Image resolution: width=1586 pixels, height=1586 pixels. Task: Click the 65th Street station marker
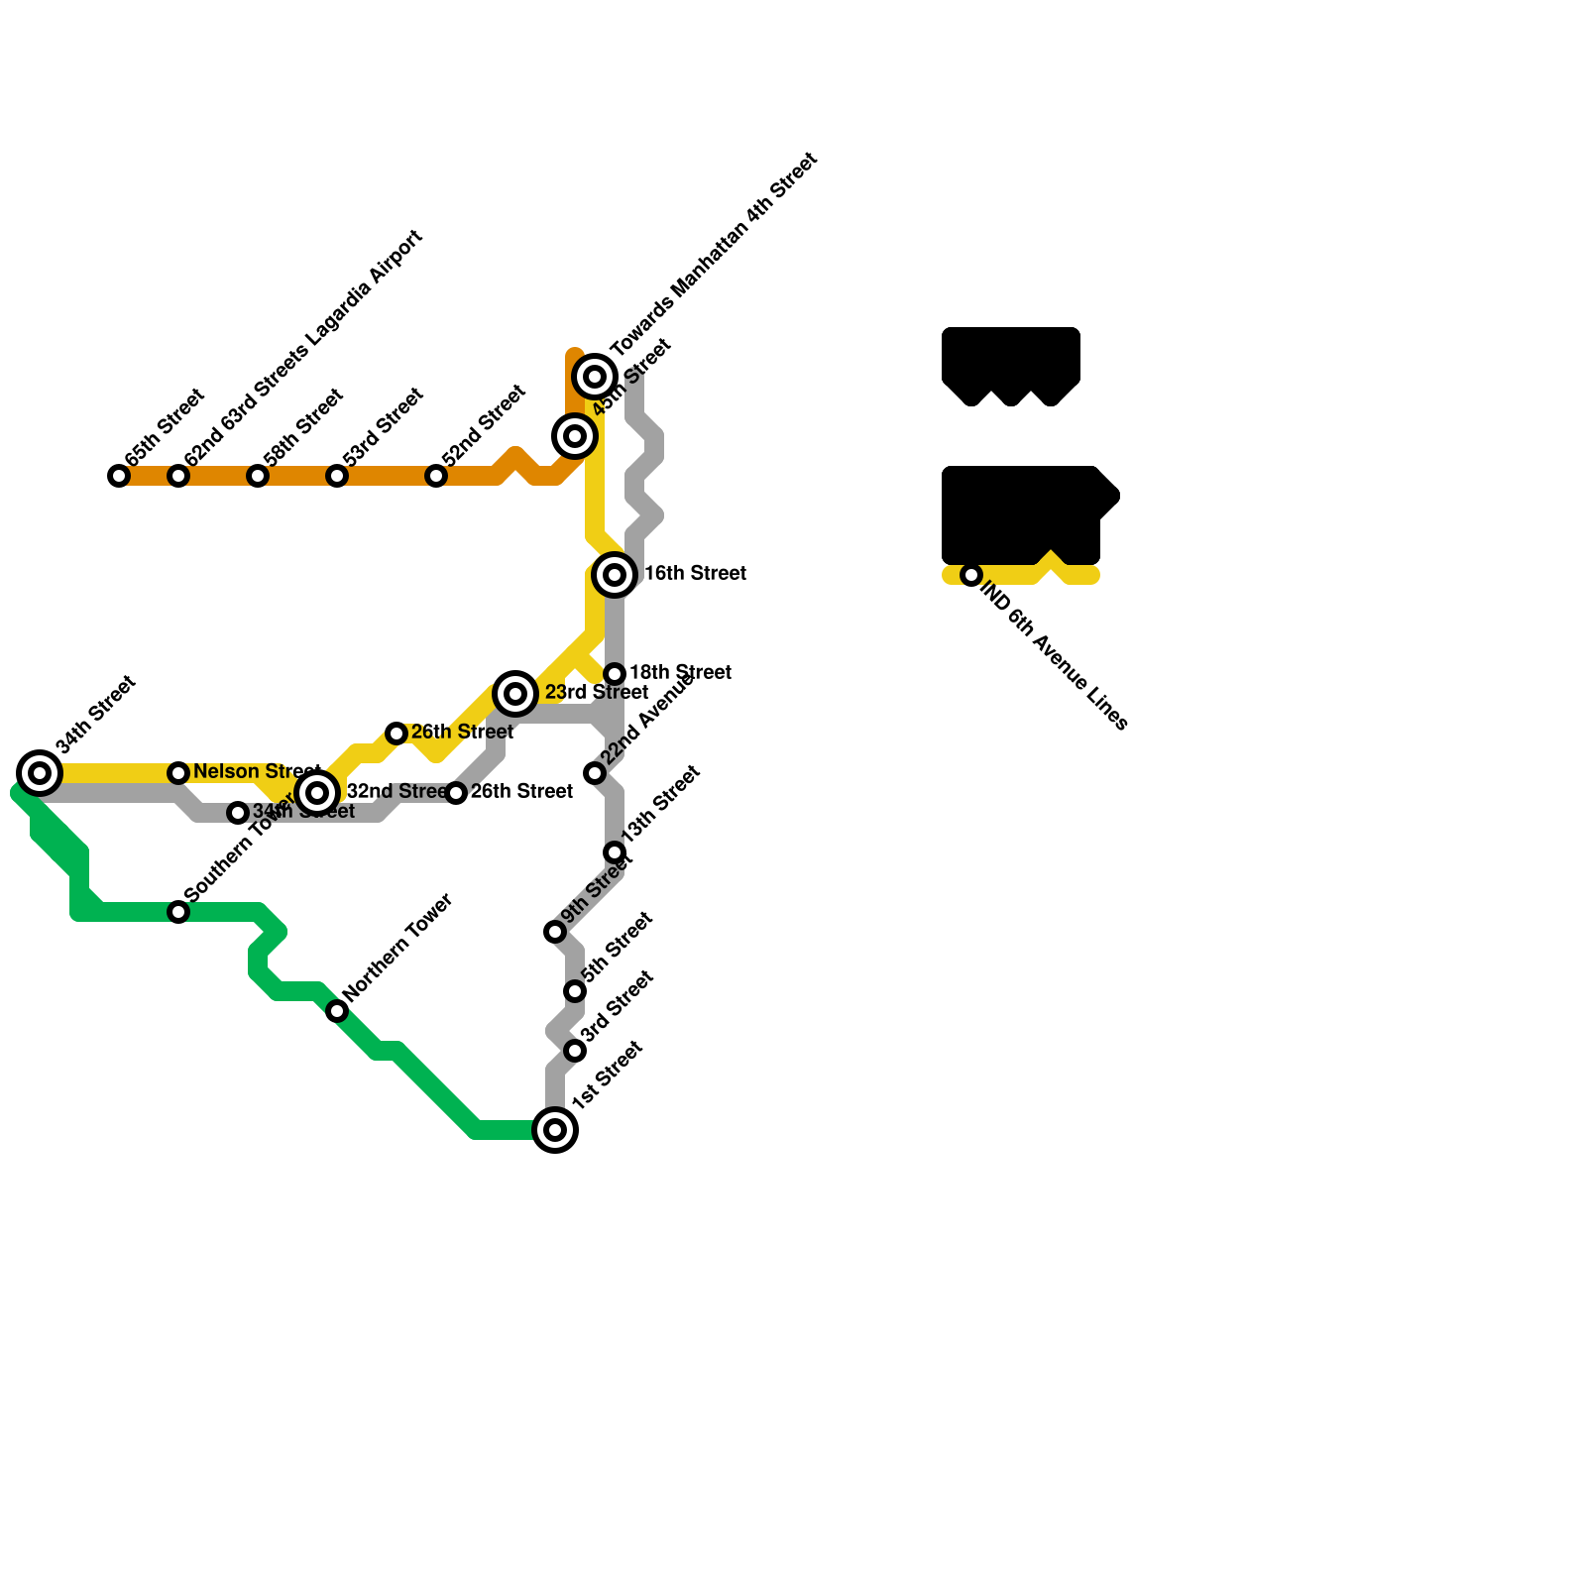click(x=119, y=476)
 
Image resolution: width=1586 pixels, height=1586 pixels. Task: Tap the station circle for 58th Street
click(x=258, y=476)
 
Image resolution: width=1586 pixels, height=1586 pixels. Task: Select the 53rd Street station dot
click(x=337, y=476)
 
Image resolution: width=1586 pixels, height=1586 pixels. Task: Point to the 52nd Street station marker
click(x=436, y=476)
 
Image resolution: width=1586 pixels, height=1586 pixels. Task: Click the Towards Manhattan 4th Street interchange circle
click(x=595, y=377)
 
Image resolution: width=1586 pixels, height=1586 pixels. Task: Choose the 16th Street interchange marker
click(x=615, y=575)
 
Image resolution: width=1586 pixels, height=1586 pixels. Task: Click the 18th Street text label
click(x=680, y=672)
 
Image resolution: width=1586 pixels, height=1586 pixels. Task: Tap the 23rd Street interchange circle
click(x=515, y=694)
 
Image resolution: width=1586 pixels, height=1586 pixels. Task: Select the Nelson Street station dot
click(x=178, y=773)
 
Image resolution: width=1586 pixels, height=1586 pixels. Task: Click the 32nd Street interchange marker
click(x=317, y=793)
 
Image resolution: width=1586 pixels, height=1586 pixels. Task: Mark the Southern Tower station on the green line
click(x=178, y=912)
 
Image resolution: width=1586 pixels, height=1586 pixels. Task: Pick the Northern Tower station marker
click(x=337, y=1011)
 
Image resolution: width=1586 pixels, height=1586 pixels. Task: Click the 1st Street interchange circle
click(x=555, y=1130)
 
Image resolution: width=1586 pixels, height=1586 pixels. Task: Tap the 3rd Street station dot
click(x=575, y=1051)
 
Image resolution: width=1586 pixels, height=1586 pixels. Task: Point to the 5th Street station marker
click(x=575, y=991)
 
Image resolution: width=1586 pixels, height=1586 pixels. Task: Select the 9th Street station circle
click(x=555, y=932)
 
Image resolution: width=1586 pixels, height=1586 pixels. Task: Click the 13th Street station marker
click(x=615, y=852)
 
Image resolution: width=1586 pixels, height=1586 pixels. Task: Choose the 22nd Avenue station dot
click(x=595, y=773)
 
